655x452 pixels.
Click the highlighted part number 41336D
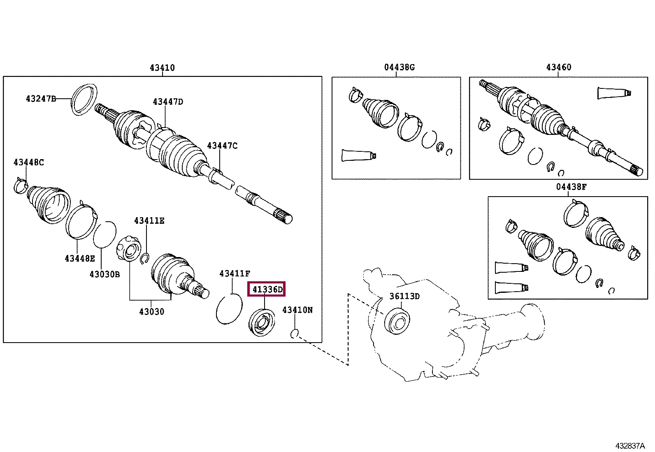click(267, 290)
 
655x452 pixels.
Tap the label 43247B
click(40, 99)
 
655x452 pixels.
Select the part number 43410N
click(297, 310)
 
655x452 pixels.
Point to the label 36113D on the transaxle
click(404, 296)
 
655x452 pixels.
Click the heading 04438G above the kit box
click(399, 67)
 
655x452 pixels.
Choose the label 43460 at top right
click(558, 67)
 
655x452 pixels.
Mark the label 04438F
click(571, 187)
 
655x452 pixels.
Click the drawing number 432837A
click(630, 446)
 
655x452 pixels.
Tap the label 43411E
click(149, 221)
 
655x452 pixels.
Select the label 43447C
click(222, 146)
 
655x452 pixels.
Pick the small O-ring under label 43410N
click(294, 334)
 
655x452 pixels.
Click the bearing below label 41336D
click(262, 322)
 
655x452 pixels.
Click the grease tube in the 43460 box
click(613, 93)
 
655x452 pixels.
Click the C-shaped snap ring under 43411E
click(144, 258)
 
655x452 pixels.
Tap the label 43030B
click(105, 274)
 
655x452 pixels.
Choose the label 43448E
click(79, 258)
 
